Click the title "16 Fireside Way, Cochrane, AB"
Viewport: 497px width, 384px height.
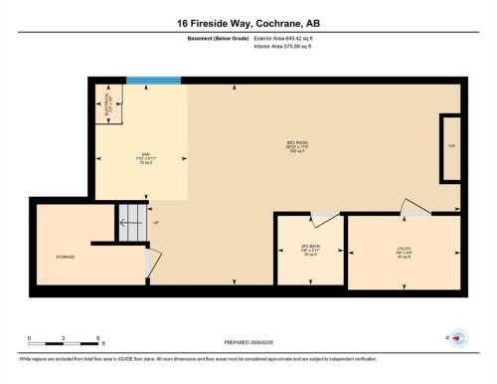click(x=248, y=23)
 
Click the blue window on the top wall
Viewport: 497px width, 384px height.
click(x=153, y=81)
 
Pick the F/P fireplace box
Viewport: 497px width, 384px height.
click(x=451, y=147)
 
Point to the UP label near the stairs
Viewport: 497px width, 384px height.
click(x=154, y=222)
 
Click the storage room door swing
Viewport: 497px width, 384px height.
click(x=152, y=261)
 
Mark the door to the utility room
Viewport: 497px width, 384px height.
click(x=413, y=207)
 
